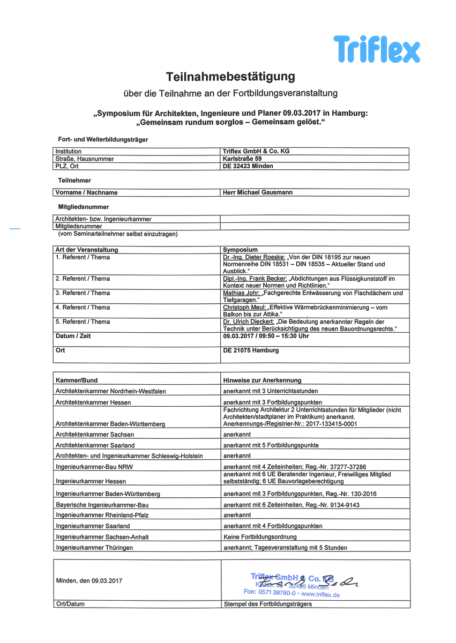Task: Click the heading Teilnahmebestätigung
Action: click(230, 76)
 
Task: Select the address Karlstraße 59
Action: click(242, 159)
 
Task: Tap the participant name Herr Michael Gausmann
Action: click(258, 192)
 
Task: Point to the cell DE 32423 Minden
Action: click(248, 166)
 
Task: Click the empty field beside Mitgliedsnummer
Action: click(314, 226)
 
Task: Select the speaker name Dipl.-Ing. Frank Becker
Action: click(255, 279)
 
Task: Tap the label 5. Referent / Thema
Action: click(83, 322)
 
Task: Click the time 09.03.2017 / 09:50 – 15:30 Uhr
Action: click(266, 336)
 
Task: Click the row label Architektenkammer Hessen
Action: click(93, 402)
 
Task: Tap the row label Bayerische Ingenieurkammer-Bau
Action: click(102, 505)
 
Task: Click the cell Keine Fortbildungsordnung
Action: click(260, 536)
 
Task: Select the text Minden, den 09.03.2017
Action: click(89, 580)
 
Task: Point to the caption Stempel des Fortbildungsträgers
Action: click(267, 604)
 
